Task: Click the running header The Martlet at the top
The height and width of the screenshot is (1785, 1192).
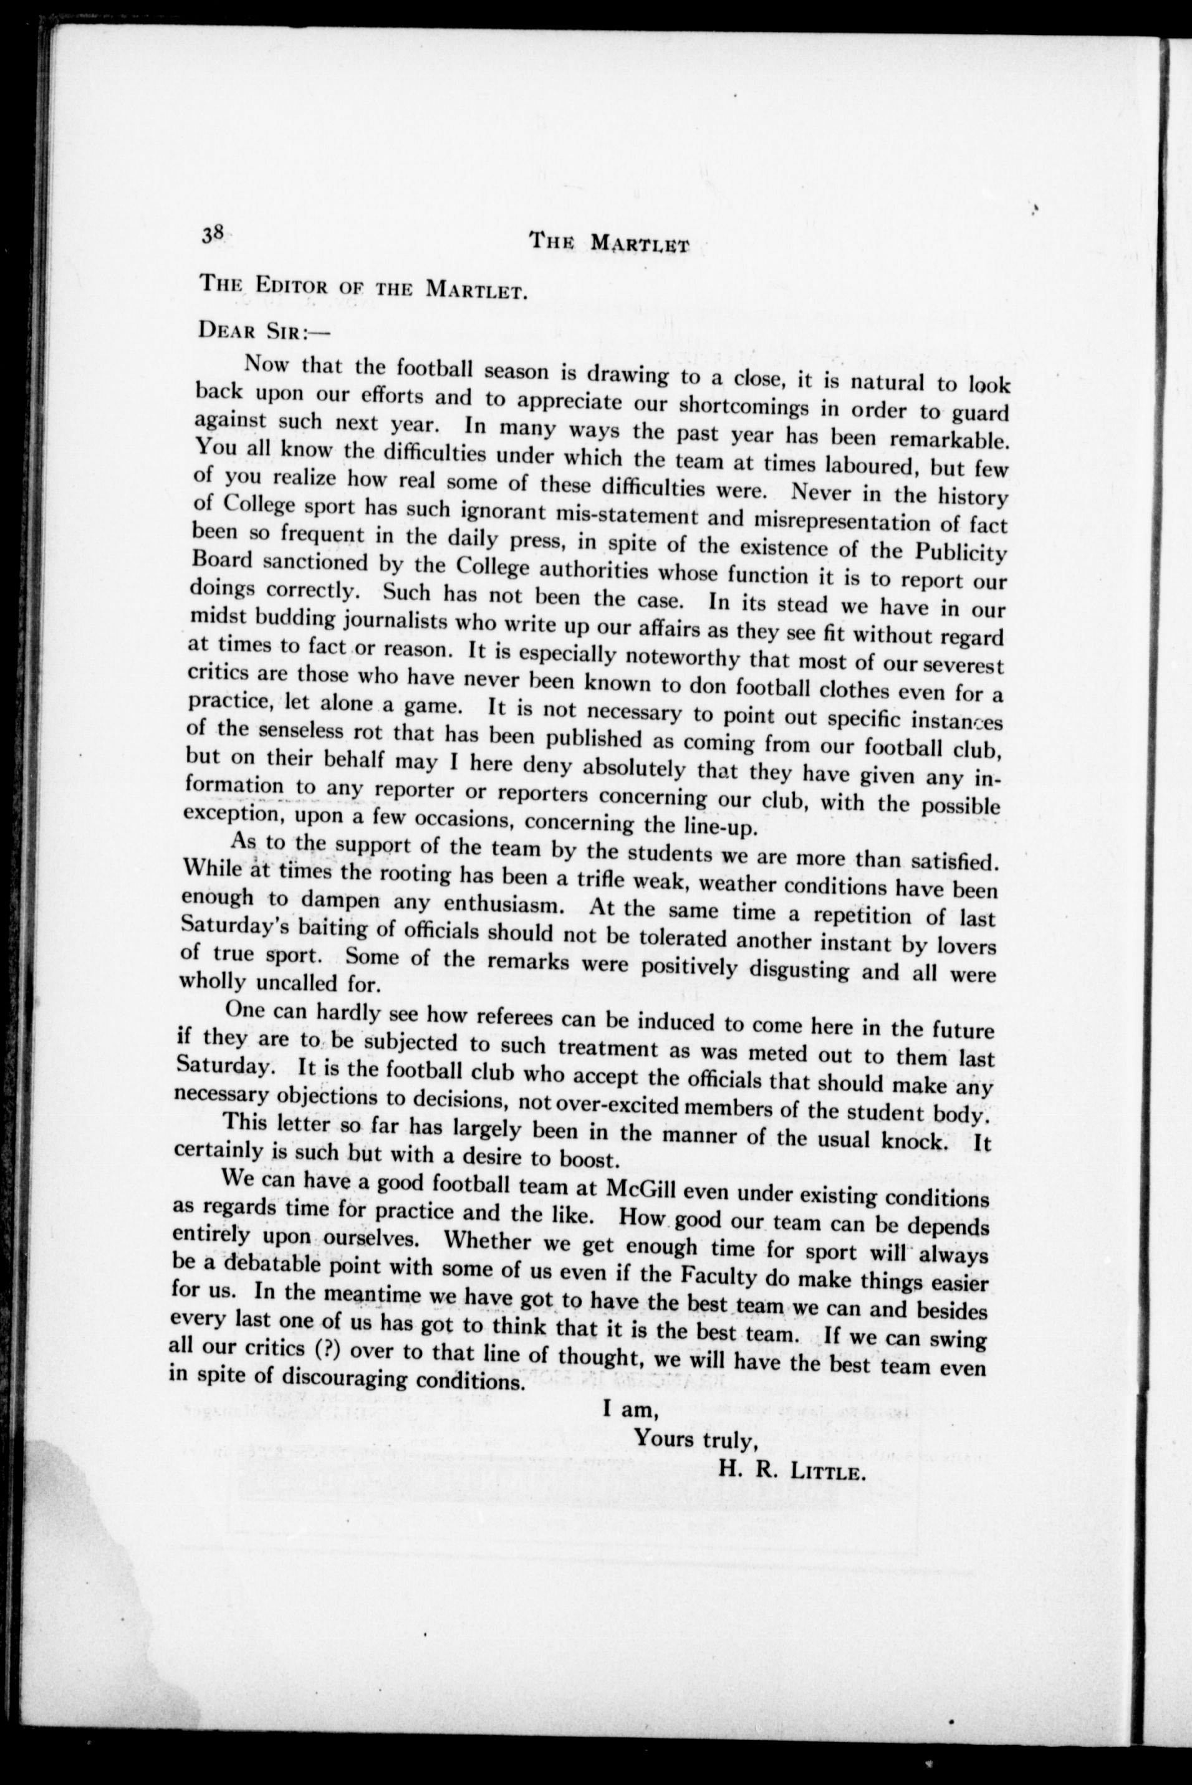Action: pyautogui.click(x=608, y=243)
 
